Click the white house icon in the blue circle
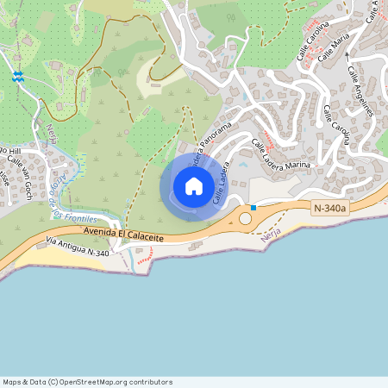(193, 185)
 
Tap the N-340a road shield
(330, 208)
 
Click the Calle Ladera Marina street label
(281, 152)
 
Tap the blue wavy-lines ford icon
(17, 78)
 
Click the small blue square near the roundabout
(253, 207)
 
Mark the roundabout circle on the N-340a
(246, 218)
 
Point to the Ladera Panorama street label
(210, 147)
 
